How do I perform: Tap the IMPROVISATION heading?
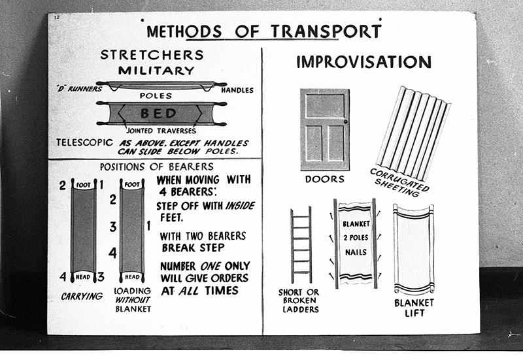tap(363, 62)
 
